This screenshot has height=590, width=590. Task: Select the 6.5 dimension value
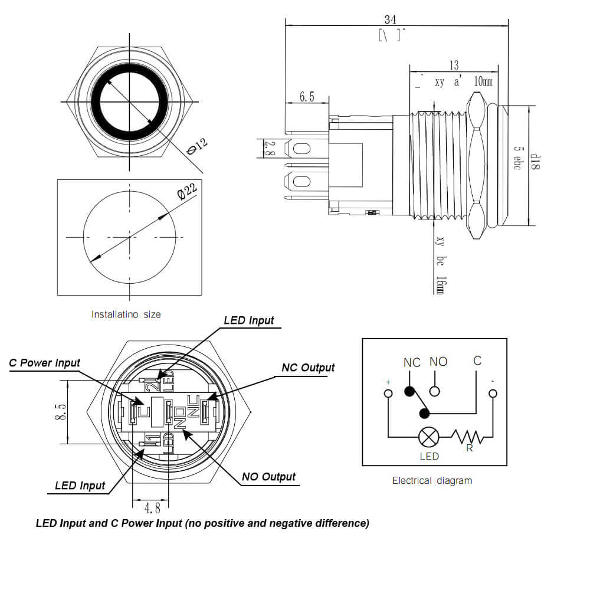click(307, 97)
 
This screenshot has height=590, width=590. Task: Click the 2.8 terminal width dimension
click(267, 148)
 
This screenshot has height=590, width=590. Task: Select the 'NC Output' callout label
click(308, 368)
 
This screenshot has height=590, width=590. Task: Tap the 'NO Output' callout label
click(268, 477)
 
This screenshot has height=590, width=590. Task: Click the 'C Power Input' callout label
click(44, 363)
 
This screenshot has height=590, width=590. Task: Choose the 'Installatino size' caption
click(126, 314)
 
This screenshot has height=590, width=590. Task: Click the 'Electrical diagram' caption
click(432, 480)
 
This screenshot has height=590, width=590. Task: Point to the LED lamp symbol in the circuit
click(428, 437)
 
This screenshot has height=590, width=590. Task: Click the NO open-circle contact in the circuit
click(435, 391)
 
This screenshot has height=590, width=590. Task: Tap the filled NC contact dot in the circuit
click(408, 391)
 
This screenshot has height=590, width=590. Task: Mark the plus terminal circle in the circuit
click(388, 394)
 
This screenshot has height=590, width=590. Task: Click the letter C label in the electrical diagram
click(477, 360)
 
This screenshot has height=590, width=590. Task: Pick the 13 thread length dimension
click(453, 65)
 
